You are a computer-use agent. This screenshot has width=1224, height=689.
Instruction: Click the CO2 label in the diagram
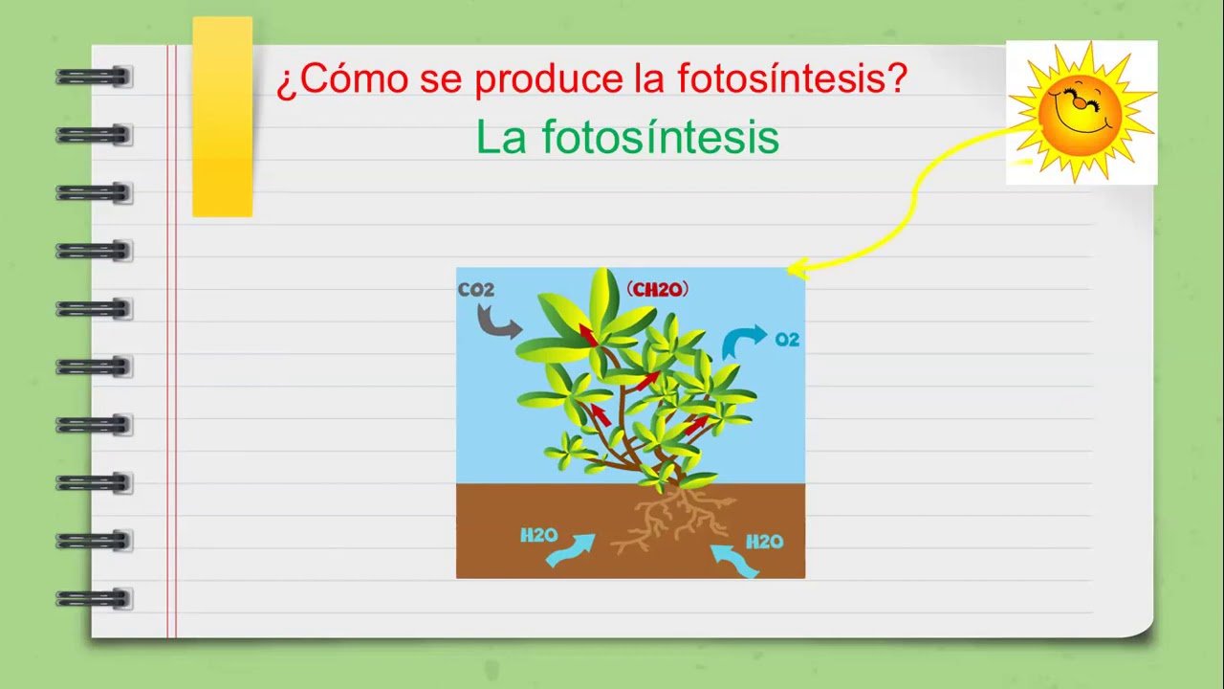click(x=476, y=289)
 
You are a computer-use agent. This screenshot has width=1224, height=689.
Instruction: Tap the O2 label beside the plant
click(x=787, y=340)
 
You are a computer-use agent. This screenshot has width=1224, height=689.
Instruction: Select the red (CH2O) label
click(x=657, y=289)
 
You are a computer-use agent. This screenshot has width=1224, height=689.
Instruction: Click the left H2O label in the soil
click(x=539, y=535)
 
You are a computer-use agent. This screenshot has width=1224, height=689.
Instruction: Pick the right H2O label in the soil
click(x=765, y=542)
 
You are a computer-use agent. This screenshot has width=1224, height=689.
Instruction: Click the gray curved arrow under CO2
click(x=494, y=323)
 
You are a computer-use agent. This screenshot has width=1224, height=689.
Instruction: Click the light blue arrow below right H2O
click(x=735, y=560)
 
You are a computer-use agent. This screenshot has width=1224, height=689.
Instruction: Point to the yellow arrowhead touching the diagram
click(x=797, y=269)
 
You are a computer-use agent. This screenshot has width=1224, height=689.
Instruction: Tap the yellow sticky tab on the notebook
click(x=223, y=117)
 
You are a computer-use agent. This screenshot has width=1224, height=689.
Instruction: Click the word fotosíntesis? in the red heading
click(x=793, y=78)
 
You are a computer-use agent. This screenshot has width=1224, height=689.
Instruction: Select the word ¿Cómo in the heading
click(x=342, y=79)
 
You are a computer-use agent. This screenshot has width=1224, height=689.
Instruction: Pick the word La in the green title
click(x=501, y=137)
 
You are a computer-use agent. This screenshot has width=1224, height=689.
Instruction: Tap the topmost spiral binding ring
click(x=94, y=77)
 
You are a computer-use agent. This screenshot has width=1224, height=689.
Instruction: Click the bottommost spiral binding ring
click(x=94, y=599)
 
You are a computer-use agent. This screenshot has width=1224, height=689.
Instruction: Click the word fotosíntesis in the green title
click(x=661, y=137)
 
